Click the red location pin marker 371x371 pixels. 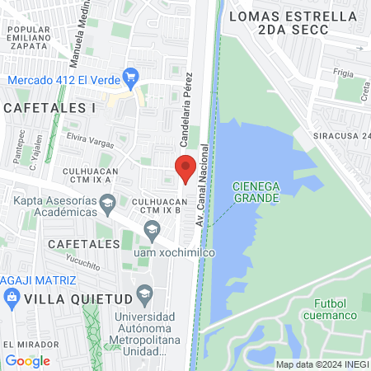click(185, 168)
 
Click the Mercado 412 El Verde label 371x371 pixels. click(63, 80)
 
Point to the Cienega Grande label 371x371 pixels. click(256, 192)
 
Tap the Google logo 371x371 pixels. click(27, 360)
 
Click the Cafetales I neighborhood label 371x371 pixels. click(49, 108)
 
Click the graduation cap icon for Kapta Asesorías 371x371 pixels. click(107, 202)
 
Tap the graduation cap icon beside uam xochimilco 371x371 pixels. click(151, 235)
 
